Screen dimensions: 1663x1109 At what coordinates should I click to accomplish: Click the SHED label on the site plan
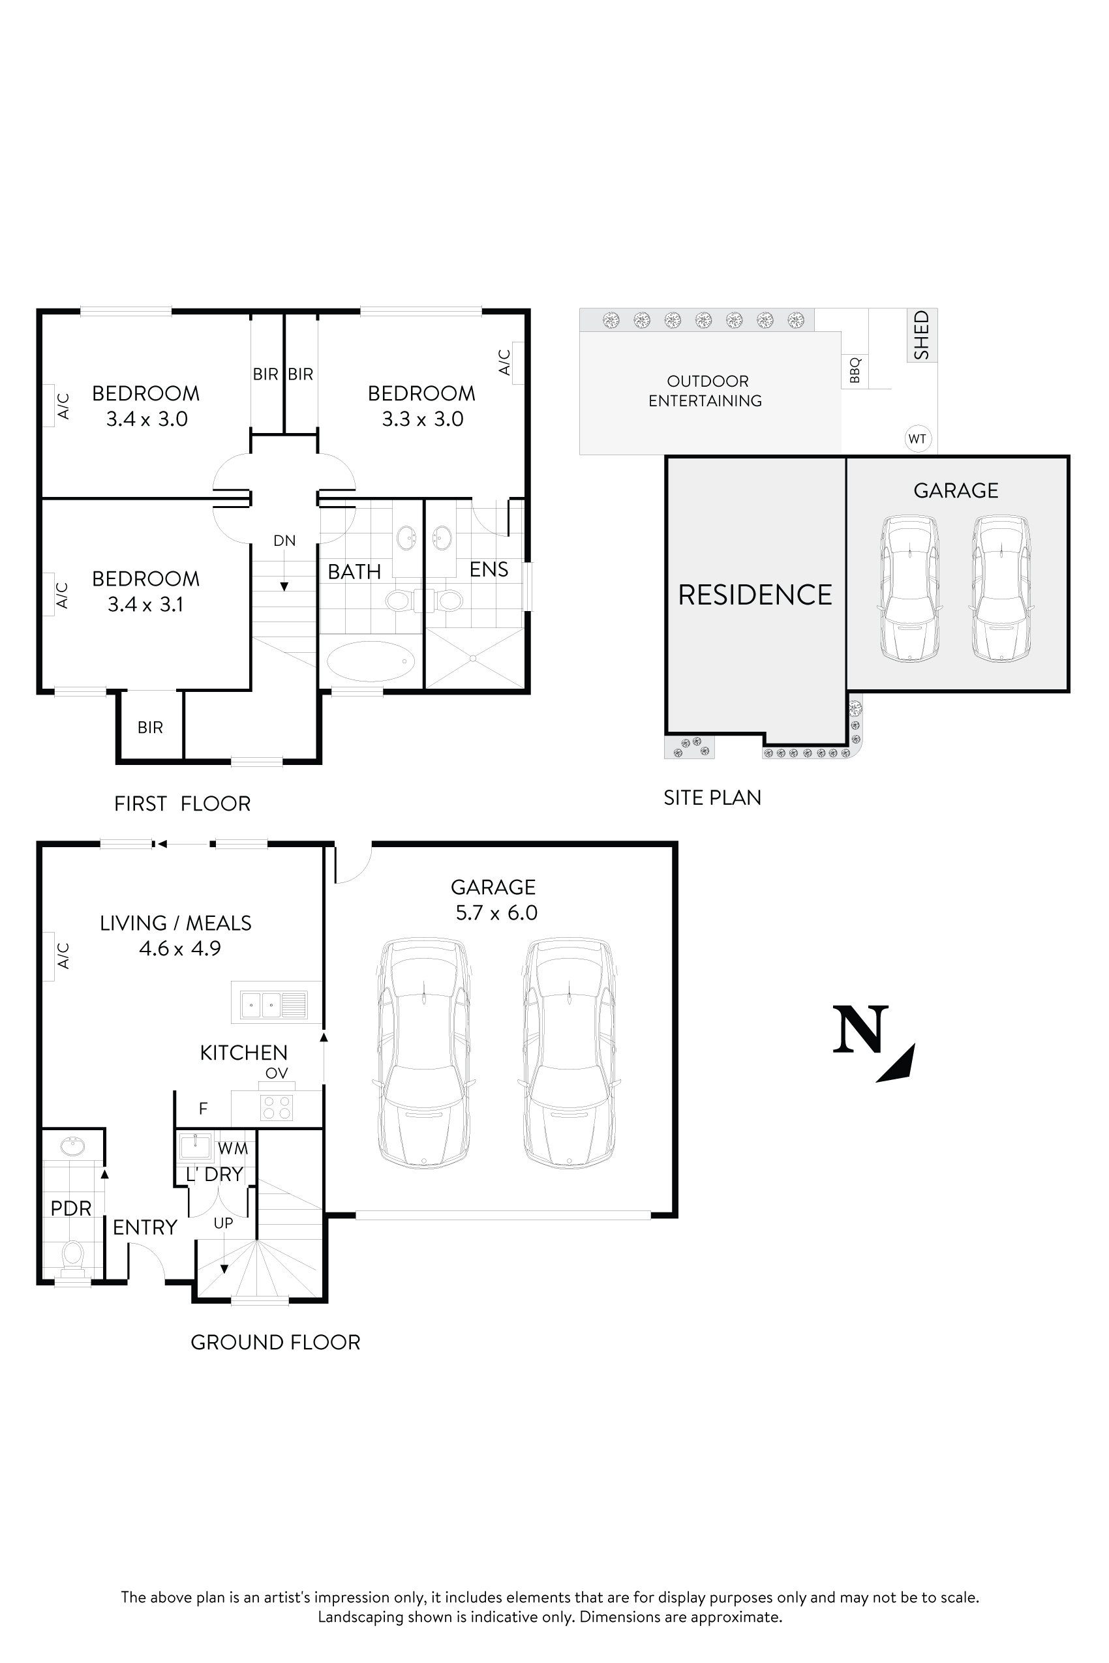922,335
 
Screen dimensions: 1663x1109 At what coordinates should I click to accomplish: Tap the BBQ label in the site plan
855,370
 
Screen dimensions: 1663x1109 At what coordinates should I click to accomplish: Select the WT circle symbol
917,438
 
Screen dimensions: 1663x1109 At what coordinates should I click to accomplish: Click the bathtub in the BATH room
371,661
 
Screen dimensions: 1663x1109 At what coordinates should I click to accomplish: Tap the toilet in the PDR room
73,1254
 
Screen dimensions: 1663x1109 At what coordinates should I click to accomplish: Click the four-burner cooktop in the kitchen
277,1107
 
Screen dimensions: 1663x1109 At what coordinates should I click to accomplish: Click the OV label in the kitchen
277,1073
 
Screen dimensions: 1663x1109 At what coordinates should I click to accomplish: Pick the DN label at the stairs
284,540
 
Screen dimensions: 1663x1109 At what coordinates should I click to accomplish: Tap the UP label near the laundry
224,1223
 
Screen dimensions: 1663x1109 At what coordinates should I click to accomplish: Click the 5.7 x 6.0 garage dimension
496,913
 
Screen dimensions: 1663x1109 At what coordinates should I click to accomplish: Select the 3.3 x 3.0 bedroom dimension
422,419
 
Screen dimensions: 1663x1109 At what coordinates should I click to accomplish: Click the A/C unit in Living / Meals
48,956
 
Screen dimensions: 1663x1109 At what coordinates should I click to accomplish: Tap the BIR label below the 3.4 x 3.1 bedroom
150,727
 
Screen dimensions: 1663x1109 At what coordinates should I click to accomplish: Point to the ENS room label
489,569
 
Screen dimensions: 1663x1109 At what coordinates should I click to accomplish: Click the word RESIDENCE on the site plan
755,595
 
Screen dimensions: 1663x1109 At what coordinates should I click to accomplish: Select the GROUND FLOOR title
275,1342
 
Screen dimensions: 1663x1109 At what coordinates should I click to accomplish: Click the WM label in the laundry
233,1148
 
